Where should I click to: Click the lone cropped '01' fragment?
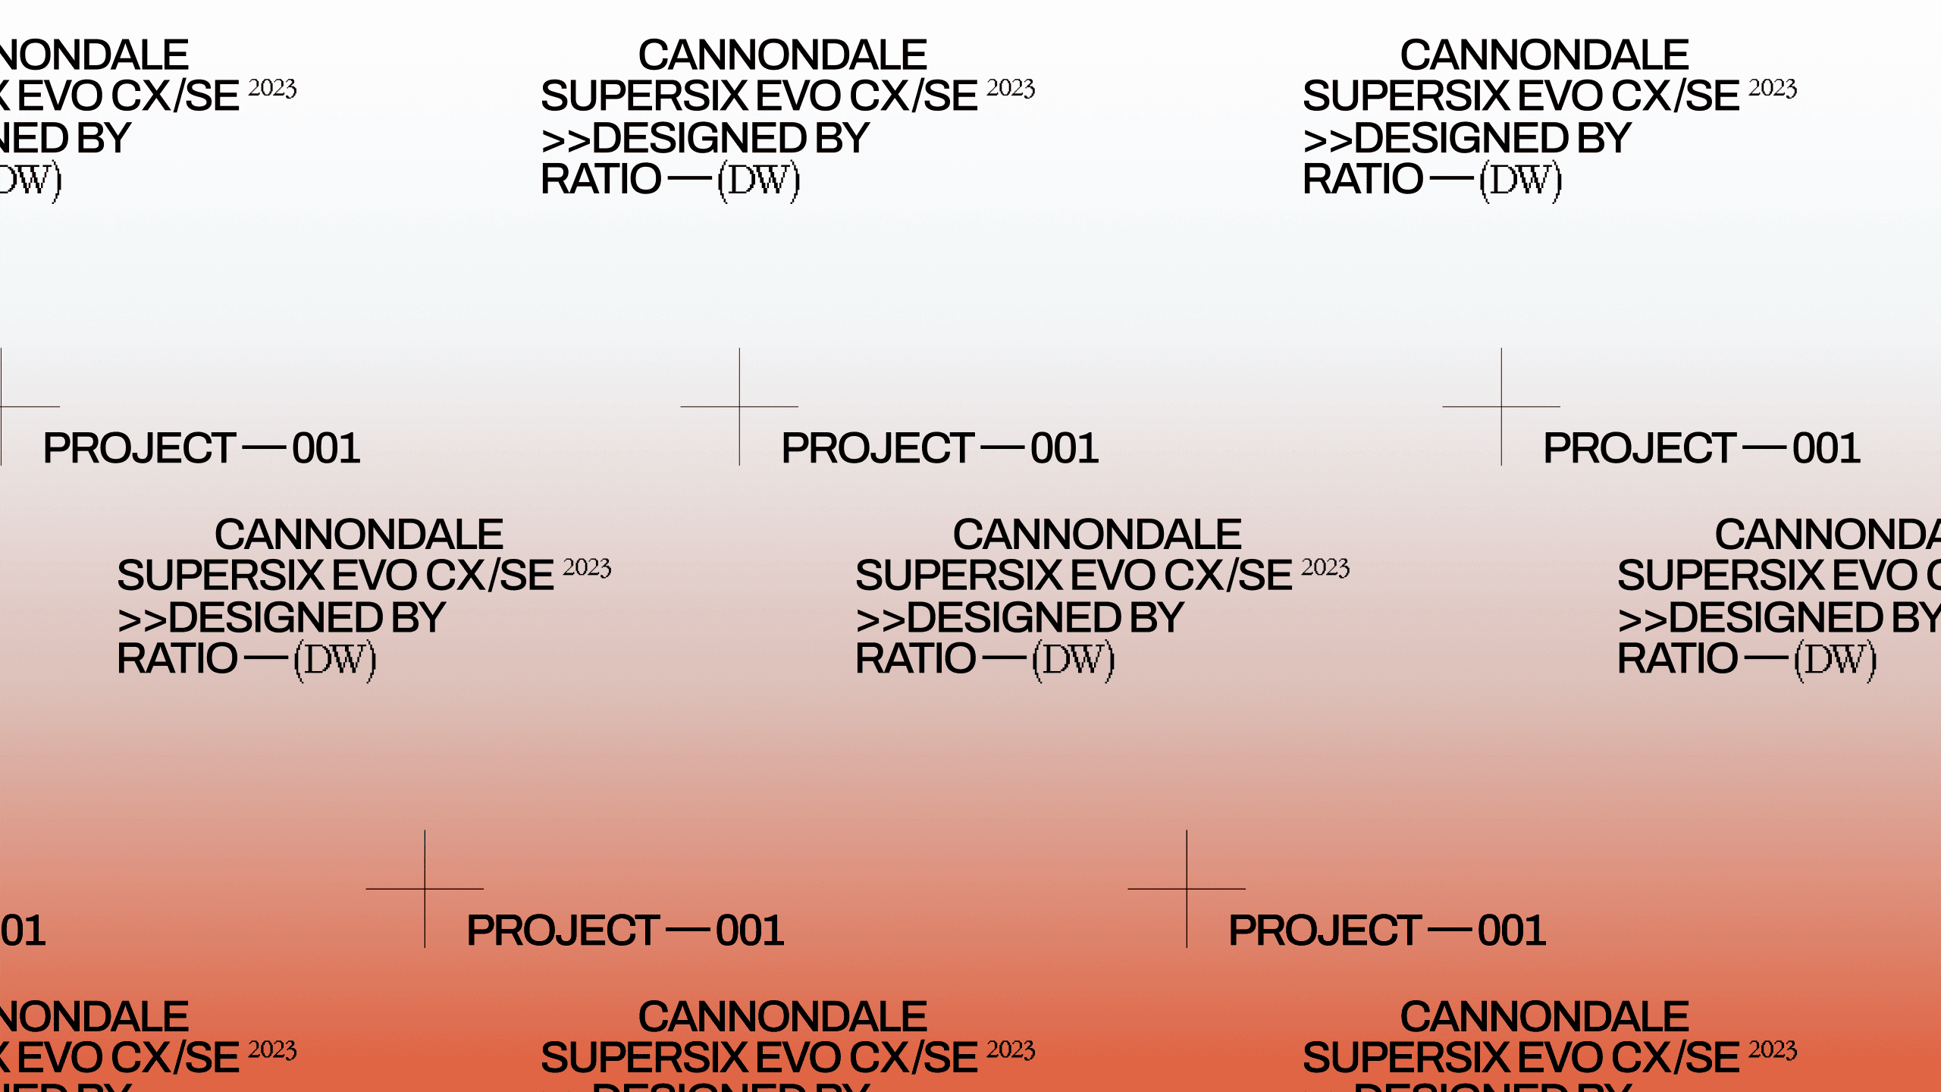point(23,930)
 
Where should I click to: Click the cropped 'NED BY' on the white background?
point(65,138)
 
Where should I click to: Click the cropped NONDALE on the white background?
point(94,55)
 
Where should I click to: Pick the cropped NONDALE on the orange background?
point(94,1016)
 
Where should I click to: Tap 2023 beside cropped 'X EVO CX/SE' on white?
point(272,88)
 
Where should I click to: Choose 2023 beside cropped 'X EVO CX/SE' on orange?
point(272,1050)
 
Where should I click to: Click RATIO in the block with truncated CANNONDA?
point(1677,658)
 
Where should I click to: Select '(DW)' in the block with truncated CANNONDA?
point(1835,660)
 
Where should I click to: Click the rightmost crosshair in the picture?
point(1501,406)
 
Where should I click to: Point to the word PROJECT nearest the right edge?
point(1639,448)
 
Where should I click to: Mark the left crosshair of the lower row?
point(425,889)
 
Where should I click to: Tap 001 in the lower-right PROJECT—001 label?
point(1511,930)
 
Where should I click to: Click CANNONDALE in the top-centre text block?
point(782,55)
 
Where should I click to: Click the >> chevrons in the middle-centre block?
point(880,619)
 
